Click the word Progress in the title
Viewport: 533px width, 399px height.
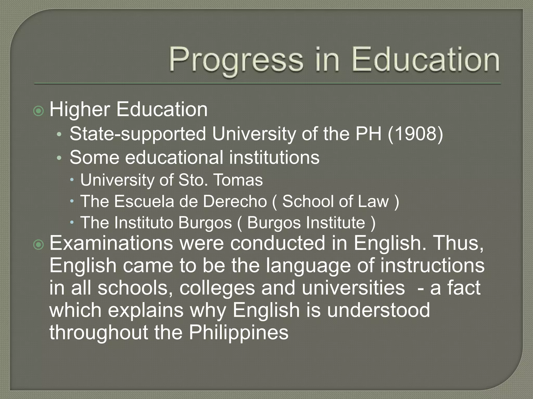coord(236,60)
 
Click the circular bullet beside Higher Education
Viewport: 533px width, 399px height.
coord(39,111)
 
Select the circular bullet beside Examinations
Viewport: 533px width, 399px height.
coord(39,245)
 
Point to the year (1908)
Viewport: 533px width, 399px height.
coord(415,134)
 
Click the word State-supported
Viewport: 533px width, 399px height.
coord(138,134)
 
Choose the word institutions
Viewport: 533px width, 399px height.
coord(274,157)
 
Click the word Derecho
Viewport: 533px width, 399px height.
coord(235,201)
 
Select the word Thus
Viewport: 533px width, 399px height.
coord(459,243)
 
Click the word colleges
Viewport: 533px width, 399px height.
coord(217,288)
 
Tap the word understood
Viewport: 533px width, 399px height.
coord(378,310)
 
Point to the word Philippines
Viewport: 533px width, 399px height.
coord(239,332)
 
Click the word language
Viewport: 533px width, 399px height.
coord(308,266)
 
